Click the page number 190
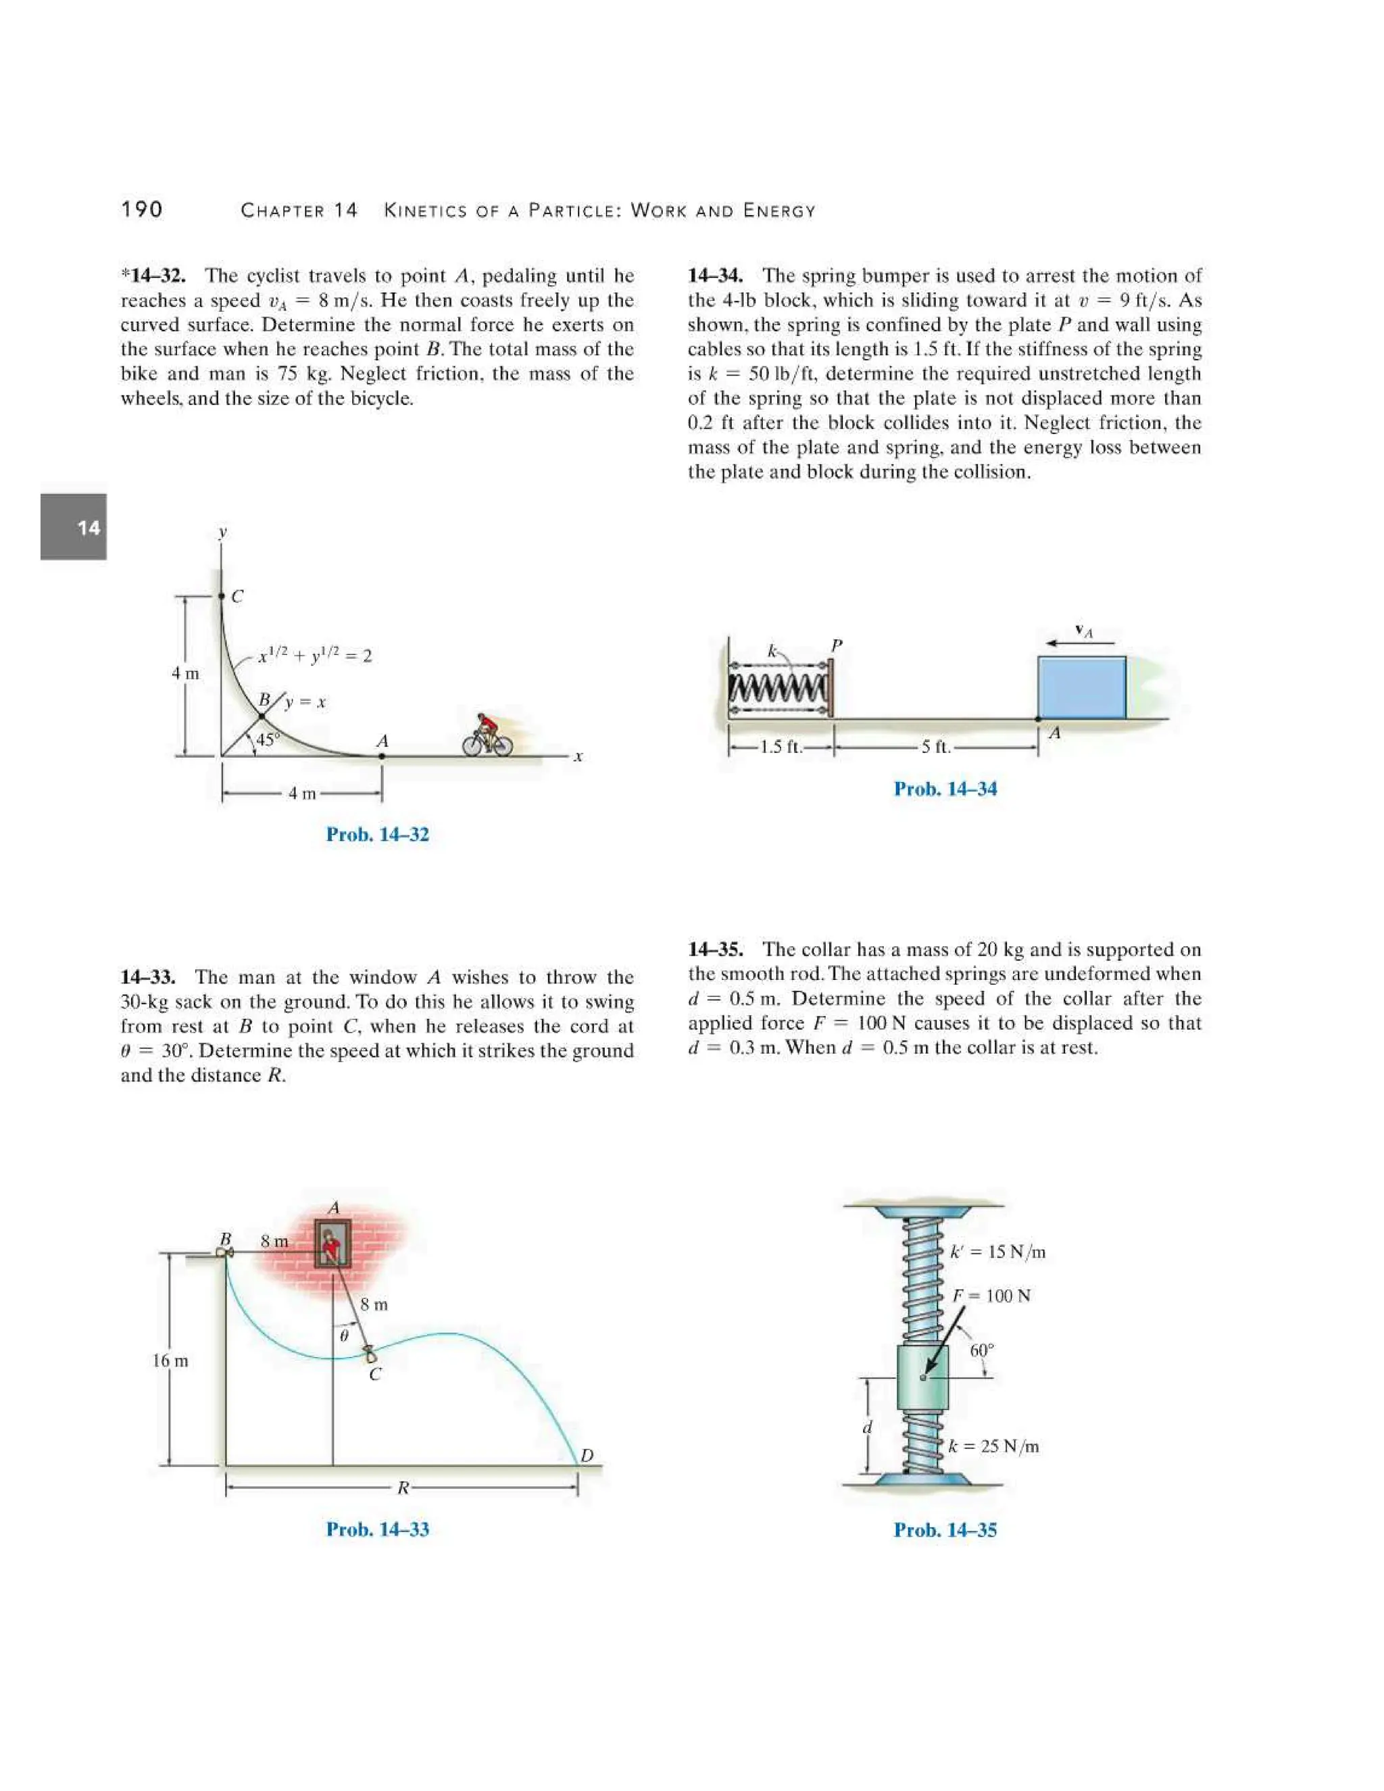142,210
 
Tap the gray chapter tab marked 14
74,526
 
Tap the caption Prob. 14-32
377,834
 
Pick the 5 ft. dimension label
935,747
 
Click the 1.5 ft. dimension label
781,747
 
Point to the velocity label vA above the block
1084,631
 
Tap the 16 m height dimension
170,1360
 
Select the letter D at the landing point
587,1456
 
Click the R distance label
403,1487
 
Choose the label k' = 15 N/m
998,1252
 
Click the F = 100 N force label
991,1296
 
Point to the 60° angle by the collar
981,1350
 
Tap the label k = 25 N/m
993,1446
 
